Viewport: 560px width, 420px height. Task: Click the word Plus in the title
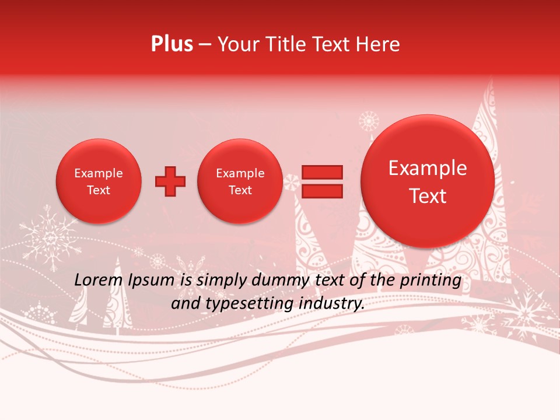tap(171, 44)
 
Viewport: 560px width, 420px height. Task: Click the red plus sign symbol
tap(170, 181)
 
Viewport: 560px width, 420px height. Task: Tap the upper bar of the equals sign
tap(321, 172)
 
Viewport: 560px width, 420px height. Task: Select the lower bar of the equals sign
tap(321, 191)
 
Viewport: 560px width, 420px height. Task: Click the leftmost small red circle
tap(99, 181)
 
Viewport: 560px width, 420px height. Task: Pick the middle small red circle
tap(240, 181)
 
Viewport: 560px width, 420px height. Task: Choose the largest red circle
tap(428, 181)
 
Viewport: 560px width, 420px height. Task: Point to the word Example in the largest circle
tap(428, 168)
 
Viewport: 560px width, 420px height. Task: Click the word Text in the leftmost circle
tap(99, 190)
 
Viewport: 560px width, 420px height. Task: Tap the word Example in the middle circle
tap(240, 173)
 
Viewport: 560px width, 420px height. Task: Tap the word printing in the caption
tap(430, 280)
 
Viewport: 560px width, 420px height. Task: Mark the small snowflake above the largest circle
tap(369, 121)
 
